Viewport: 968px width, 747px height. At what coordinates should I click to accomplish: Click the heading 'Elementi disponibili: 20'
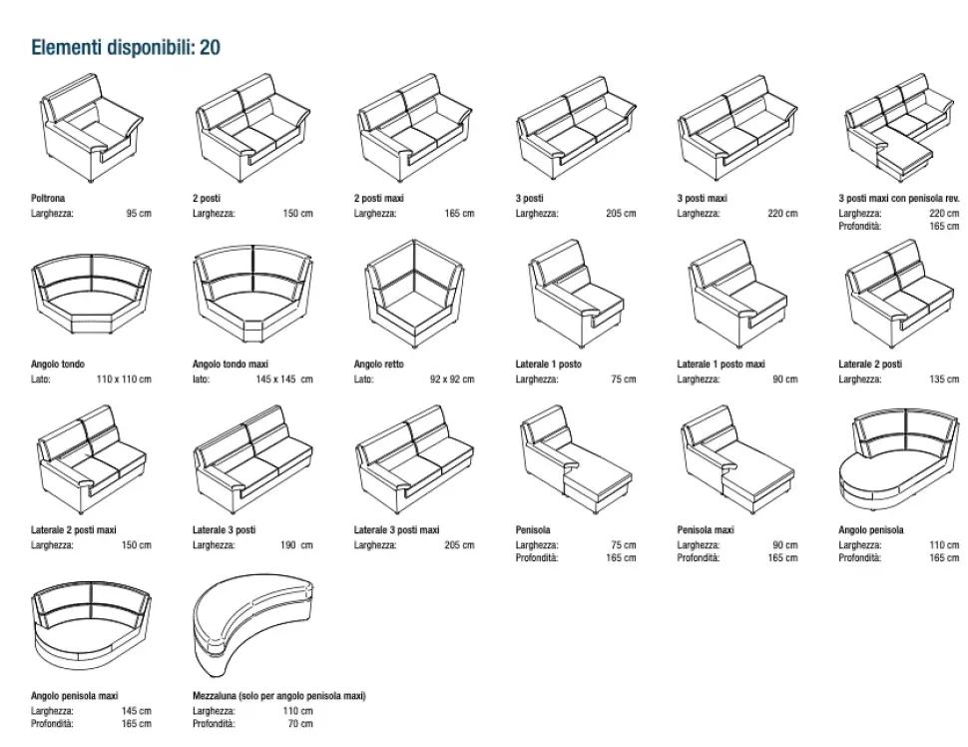click(x=126, y=47)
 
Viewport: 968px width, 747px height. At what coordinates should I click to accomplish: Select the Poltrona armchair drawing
click(x=89, y=128)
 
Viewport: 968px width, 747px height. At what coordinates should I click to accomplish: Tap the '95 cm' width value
click(x=139, y=214)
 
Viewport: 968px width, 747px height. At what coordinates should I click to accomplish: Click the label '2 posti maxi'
click(x=378, y=199)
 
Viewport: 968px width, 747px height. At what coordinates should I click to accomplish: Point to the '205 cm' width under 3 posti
click(x=621, y=214)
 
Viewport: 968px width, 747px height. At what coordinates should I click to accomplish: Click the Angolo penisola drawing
click(x=898, y=460)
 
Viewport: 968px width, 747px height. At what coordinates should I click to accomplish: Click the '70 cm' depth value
click(x=299, y=724)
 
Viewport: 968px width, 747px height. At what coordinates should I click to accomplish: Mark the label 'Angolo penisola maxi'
click(x=75, y=696)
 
